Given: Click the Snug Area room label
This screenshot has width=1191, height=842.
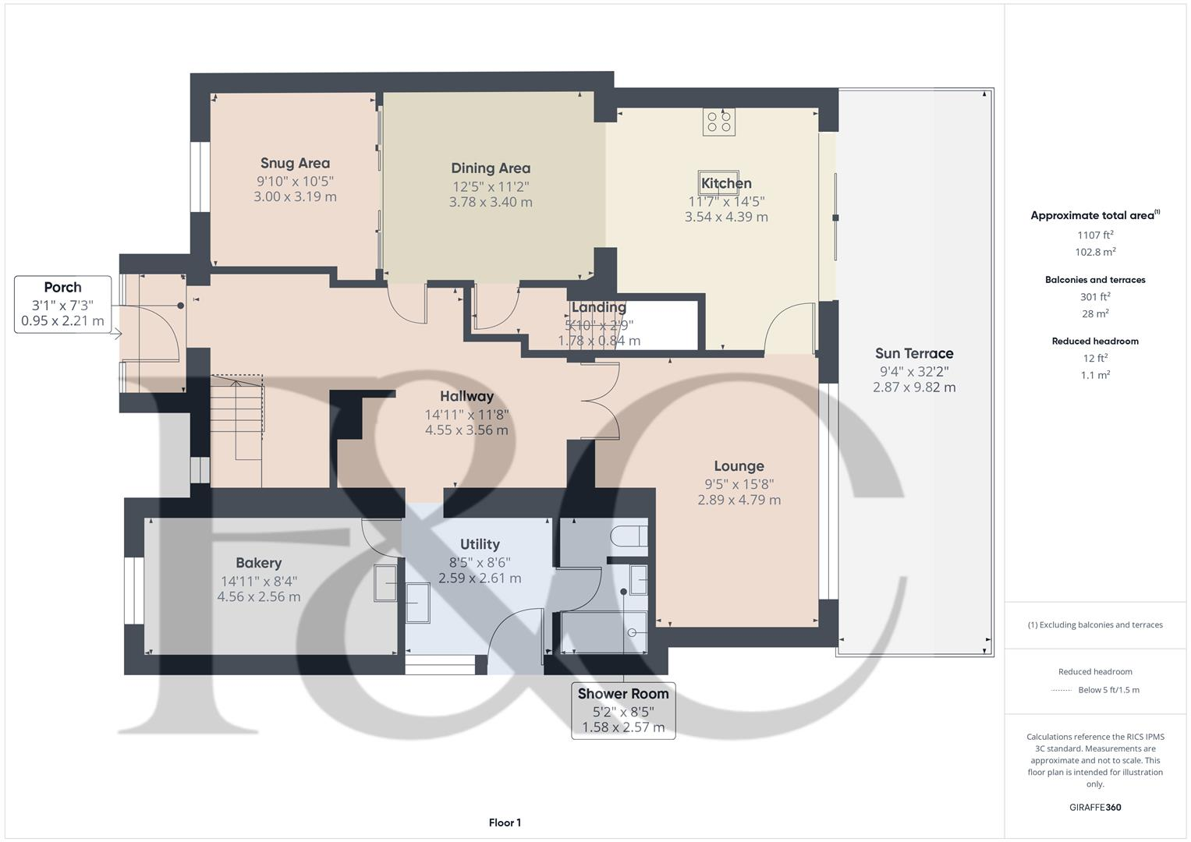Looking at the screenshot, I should click(x=295, y=163).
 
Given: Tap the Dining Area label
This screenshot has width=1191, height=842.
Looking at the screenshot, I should click(x=491, y=168).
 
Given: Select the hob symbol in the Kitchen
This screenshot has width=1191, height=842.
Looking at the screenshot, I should click(x=718, y=122).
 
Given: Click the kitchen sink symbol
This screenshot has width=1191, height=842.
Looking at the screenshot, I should click(x=718, y=178).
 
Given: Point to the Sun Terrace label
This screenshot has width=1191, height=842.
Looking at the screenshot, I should click(x=914, y=353).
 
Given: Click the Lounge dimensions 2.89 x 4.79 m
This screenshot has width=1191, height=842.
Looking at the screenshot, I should click(x=739, y=500).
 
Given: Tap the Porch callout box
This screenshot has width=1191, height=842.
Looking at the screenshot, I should click(x=62, y=304).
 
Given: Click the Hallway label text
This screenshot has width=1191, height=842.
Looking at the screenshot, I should click(x=466, y=396).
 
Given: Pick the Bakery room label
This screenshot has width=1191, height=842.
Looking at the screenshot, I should click(x=258, y=563).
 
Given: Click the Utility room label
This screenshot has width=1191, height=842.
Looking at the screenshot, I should click(x=480, y=544).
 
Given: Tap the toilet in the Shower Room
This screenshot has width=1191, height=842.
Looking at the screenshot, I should click(x=629, y=536).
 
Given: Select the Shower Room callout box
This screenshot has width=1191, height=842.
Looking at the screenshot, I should click(x=623, y=710).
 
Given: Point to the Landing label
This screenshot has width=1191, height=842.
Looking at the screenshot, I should click(x=598, y=307).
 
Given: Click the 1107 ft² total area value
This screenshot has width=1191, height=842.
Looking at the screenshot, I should click(x=1095, y=235).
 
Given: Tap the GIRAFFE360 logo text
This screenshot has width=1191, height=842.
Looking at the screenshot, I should click(x=1095, y=807).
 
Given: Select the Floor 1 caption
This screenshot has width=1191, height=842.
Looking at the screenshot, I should click(x=505, y=823).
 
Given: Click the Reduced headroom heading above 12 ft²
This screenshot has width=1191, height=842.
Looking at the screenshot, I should click(x=1095, y=341).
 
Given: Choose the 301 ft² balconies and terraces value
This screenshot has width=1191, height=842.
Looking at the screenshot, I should click(x=1095, y=296).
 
